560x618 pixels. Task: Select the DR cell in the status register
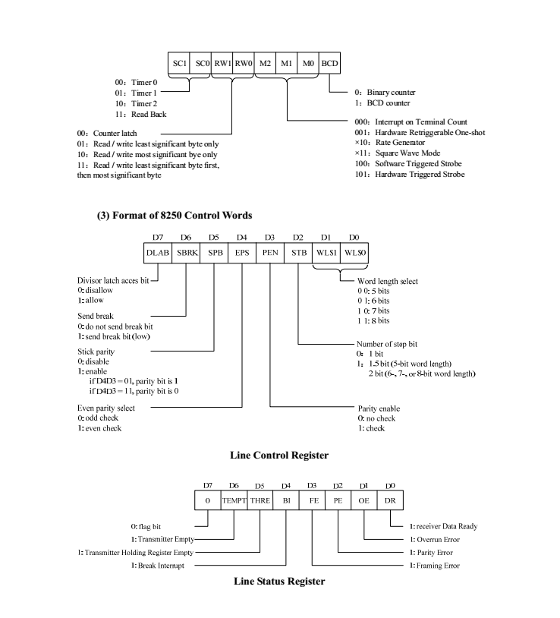click(x=392, y=501)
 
